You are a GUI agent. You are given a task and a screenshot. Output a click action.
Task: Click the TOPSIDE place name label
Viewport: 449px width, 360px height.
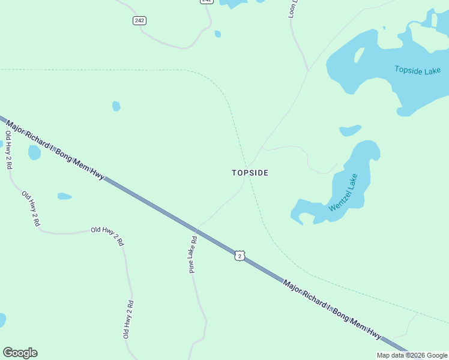(x=250, y=173)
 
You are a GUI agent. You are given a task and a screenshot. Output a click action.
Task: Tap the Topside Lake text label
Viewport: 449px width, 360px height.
(x=417, y=70)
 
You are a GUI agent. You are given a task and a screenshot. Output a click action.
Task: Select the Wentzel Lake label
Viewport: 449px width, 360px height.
(x=343, y=193)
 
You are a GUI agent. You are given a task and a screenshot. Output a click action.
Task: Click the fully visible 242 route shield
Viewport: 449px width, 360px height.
(x=139, y=21)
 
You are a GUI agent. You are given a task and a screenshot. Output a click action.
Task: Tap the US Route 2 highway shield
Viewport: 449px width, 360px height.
(x=240, y=256)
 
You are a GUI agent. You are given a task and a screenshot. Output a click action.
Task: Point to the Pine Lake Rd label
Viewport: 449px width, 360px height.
(x=193, y=254)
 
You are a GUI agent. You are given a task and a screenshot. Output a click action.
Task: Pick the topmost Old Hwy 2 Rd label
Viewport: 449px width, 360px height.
(x=8, y=149)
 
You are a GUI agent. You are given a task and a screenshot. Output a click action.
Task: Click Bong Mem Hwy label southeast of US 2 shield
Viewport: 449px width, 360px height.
(x=332, y=308)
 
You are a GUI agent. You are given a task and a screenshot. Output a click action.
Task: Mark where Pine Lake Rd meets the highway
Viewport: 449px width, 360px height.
(x=196, y=229)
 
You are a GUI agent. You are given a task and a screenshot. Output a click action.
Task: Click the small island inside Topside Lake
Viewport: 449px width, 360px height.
(x=359, y=55)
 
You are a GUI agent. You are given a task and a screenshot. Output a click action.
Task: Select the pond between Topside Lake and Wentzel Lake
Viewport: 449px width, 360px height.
(x=350, y=130)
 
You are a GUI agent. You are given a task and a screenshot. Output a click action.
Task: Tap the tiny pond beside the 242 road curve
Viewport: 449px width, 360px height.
(x=217, y=34)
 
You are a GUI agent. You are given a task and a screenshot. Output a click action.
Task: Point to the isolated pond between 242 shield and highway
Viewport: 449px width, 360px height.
(x=116, y=106)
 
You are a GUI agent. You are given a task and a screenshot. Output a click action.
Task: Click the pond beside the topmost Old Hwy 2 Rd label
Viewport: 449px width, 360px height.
(x=34, y=152)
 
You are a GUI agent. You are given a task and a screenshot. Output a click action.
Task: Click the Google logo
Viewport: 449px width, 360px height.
(x=20, y=353)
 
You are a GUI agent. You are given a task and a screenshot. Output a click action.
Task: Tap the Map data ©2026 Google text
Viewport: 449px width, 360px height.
(x=412, y=355)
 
